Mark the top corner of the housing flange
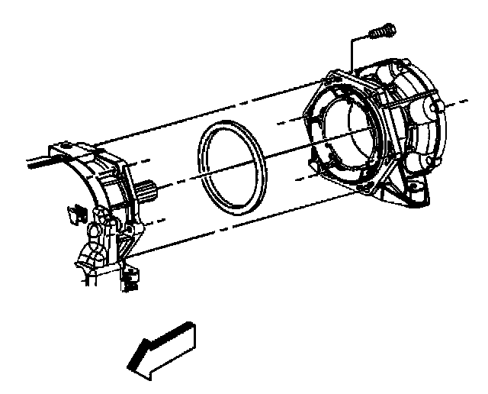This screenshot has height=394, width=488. [x=333, y=75]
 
